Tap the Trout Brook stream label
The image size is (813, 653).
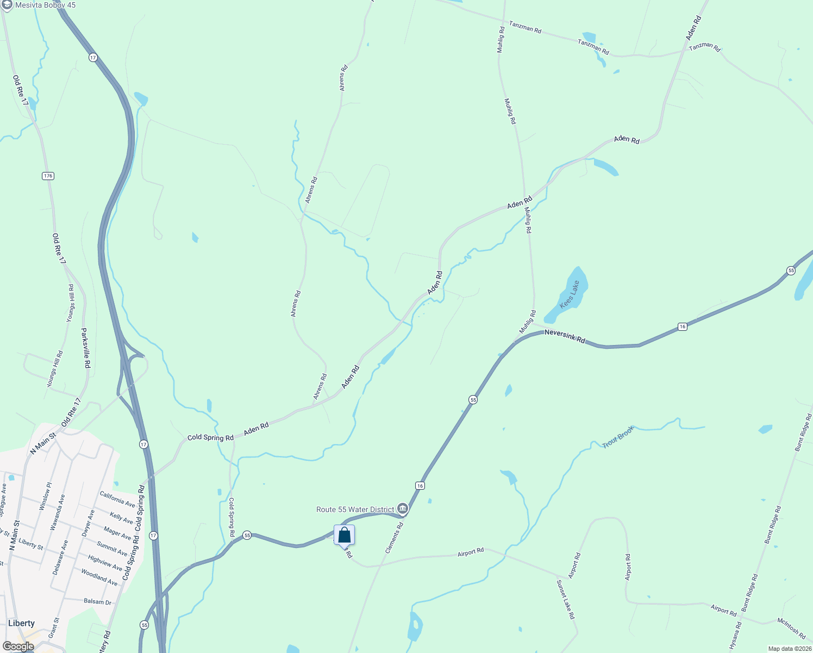tap(618, 437)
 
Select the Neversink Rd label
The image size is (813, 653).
tap(565, 336)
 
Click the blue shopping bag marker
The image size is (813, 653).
tap(344, 535)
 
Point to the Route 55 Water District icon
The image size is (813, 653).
tap(403, 509)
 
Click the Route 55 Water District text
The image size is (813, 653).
tap(355, 509)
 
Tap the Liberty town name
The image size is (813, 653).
tap(22, 623)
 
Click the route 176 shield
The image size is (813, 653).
tap(48, 176)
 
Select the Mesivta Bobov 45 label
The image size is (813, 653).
tap(46, 5)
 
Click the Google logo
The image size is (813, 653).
tap(18, 646)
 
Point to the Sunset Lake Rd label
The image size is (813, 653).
tap(565, 599)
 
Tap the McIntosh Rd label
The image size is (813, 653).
tap(791, 629)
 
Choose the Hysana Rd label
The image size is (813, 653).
tap(735, 636)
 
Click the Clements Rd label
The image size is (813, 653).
tap(395, 538)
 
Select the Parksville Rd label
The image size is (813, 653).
tap(86, 348)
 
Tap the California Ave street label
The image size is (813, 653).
tap(117, 499)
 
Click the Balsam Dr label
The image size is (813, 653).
tap(98, 601)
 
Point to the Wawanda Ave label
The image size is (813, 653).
tap(58, 512)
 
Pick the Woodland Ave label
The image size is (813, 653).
tap(99, 577)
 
